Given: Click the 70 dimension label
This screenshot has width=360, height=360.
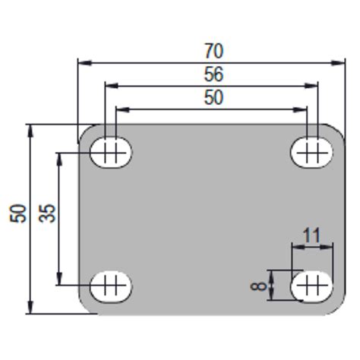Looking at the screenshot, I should (214, 51).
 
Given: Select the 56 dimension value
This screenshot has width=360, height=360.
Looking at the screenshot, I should (214, 74).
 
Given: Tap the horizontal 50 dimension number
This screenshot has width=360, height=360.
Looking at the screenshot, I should (214, 96).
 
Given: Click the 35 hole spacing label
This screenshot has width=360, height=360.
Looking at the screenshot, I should (47, 213).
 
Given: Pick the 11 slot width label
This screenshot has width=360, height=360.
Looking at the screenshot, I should (311, 235).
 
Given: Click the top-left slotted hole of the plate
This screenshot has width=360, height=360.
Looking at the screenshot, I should (111, 153).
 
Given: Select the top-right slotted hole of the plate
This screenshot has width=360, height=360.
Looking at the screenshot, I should (311, 153).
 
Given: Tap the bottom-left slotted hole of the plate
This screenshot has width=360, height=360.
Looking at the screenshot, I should (111, 286).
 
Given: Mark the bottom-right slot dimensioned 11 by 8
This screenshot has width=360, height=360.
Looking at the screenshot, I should (311, 286).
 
